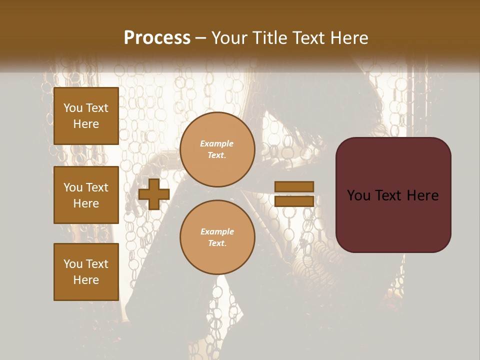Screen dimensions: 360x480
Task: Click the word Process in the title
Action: point(157,38)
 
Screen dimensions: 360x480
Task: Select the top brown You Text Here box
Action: point(86,116)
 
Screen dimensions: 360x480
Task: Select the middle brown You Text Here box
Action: point(86,195)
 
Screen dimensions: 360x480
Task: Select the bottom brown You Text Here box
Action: point(86,271)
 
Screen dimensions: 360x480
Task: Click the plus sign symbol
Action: point(154,194)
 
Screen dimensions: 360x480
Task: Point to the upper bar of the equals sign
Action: point(294,187)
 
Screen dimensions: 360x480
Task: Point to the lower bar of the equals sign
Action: point(294,201)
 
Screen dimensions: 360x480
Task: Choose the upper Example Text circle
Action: point(217,149)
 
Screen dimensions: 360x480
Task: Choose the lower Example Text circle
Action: point(217,237)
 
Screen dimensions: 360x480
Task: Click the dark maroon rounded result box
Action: point(393,195)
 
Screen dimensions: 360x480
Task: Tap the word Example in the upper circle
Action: point(217,143)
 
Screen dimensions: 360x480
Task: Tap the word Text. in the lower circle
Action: point(217,243)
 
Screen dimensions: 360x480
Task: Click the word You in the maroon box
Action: point(358,195)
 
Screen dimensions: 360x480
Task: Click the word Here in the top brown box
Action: point(86,124)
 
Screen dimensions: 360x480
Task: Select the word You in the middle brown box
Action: point(73,187)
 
